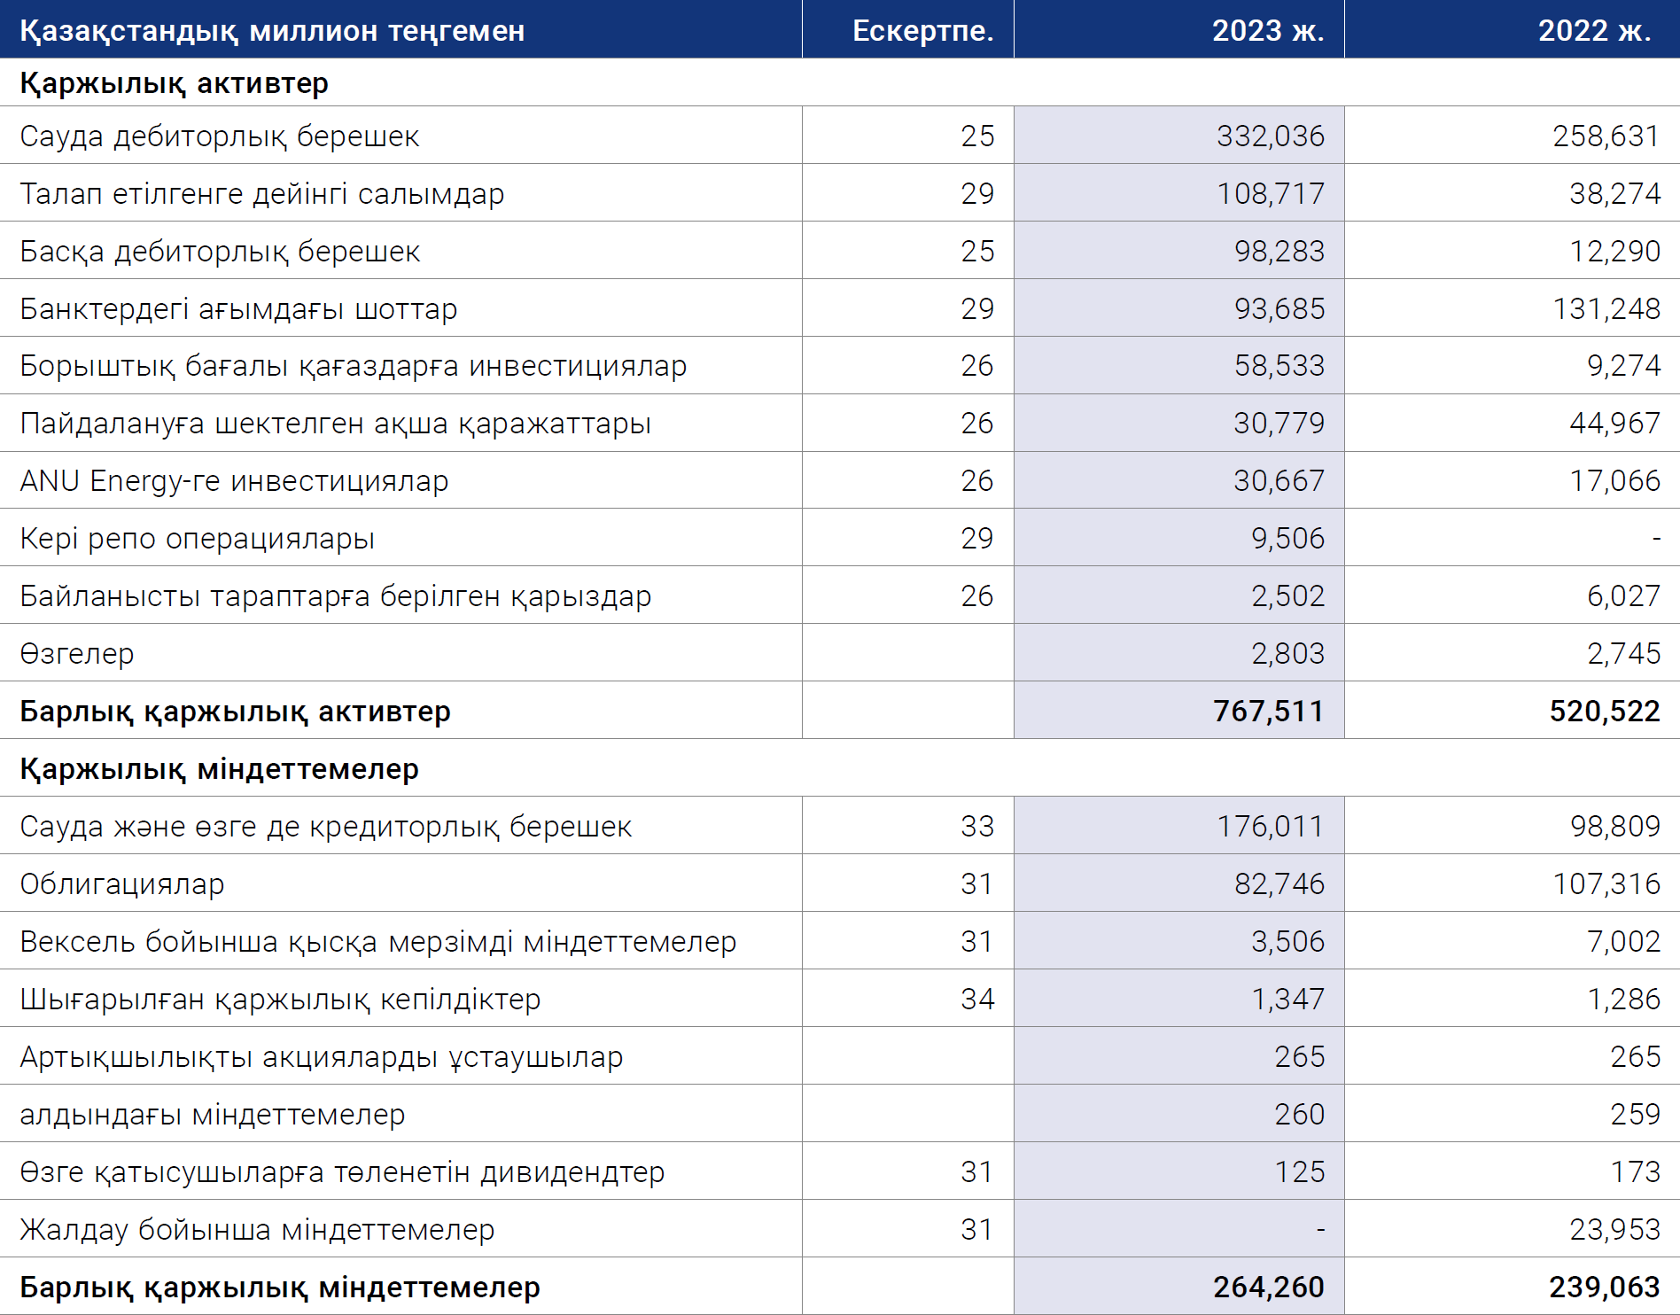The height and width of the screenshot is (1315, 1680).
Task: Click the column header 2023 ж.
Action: coord(1268,30)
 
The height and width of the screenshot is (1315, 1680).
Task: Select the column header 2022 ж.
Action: coord(1594,30)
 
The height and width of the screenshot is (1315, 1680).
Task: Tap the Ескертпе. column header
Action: coord(922,30)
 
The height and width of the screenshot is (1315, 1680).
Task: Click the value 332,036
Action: coord(1270,136)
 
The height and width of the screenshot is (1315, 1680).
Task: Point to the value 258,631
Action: coord(1606,136)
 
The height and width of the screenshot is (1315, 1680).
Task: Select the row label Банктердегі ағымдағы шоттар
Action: coord(238,308)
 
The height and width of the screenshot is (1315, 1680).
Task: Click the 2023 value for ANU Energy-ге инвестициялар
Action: coord(1279,480)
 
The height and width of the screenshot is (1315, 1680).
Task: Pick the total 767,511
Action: coord(1268,711)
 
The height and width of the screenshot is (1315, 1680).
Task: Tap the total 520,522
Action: coord(1605,711)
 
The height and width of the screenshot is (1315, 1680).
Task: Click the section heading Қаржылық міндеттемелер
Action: coord(219,769)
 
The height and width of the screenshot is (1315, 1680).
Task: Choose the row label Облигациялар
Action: coord(122,884)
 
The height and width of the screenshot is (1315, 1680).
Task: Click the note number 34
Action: coord(977,999)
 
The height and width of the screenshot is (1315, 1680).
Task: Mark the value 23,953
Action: coord(1614,1229)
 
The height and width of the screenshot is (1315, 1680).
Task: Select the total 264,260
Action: coord(1268,1287)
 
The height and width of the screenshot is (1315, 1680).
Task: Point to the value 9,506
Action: coord(1287,538)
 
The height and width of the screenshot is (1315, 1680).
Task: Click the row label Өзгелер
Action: coord(77,654)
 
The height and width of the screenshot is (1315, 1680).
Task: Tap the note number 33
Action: coord(977,826)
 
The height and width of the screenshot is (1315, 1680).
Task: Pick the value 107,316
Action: coord(1606,883)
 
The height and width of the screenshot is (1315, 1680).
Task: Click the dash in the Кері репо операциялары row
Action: coord(1656,539)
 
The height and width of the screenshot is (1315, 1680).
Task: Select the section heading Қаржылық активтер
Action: coord(174,83)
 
